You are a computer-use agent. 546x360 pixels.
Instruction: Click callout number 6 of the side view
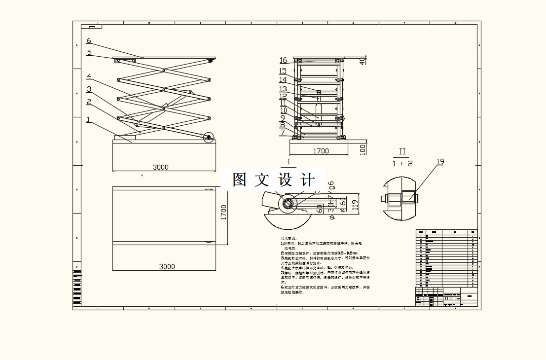point(89,41)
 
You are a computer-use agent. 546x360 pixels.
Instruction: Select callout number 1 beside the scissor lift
point(88,119)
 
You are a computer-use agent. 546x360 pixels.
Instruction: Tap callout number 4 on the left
point(89,76)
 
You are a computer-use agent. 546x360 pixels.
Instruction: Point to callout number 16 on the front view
point(283,60)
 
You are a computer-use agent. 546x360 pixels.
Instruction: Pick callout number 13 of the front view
point(283,89)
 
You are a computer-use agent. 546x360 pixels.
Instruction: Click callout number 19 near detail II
point(440,161)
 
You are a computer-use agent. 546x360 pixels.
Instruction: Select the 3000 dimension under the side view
point(160,167)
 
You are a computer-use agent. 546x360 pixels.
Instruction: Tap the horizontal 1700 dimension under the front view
point(321,151)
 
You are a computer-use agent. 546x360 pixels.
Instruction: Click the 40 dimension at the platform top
point(363,61)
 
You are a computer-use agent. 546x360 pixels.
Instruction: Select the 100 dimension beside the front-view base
point(363,147)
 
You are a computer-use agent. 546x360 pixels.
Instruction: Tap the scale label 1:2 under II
point(402,163)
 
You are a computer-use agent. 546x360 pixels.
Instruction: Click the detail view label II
point(402,151)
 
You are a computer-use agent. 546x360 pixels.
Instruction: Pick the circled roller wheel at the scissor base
point(209,138)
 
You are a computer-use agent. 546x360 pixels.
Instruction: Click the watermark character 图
point(240,180)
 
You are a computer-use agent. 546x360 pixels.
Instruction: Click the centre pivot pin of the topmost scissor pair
point(163,70)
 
